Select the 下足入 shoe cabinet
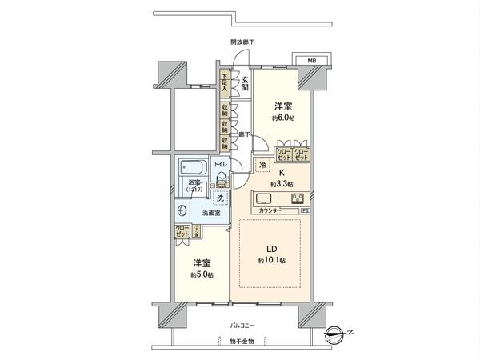[x=226, y=84]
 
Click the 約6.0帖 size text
[x=283, y=118]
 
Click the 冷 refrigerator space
[x=262, y=165]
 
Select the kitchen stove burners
[x=297, y=199]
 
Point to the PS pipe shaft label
[x=305, y=211]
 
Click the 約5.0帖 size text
[x=201, y=274]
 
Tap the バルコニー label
[x=241, y=326]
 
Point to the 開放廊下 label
[x=242, y=42]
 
